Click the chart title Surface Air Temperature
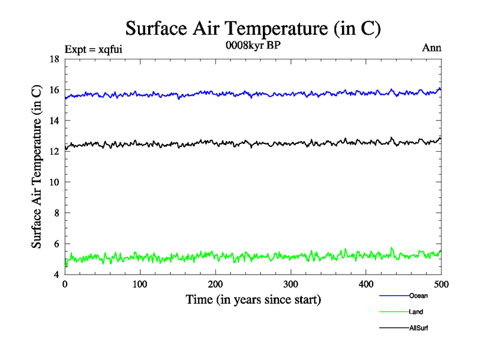coord(253,28)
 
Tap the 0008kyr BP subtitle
coord(253,46)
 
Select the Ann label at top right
coord(432,48)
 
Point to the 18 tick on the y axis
coord(54,59)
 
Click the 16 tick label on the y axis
coord(54,90)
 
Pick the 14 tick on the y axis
coord(54,121)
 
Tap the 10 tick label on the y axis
coord(54,182)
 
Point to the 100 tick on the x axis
coord(140,284)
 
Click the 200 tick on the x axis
coord(215,284)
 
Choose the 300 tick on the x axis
coord(291,284)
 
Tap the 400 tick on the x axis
coord(366,284)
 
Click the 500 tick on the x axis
coord(441,284)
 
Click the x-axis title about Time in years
coord(253,299)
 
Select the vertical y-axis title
coord(37,167)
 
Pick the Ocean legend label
coord(418,296)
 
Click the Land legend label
coord(416,312)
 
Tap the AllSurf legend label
coord(419,328)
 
